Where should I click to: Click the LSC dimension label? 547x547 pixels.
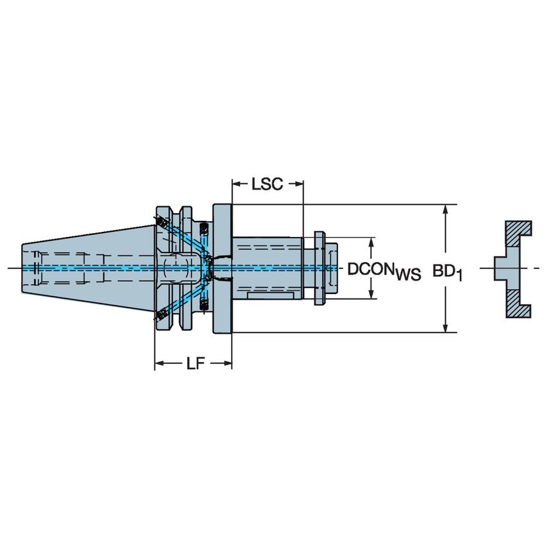[x=267, y=184]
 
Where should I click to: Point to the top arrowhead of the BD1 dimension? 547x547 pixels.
[x=446, y=209]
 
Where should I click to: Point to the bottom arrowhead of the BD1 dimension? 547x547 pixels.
[x=446, y=327]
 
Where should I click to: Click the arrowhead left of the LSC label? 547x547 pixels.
[x=236, y=184]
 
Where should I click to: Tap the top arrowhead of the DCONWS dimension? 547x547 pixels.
[x=370, y=243]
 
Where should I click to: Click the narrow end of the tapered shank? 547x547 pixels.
[x=26, y=268]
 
